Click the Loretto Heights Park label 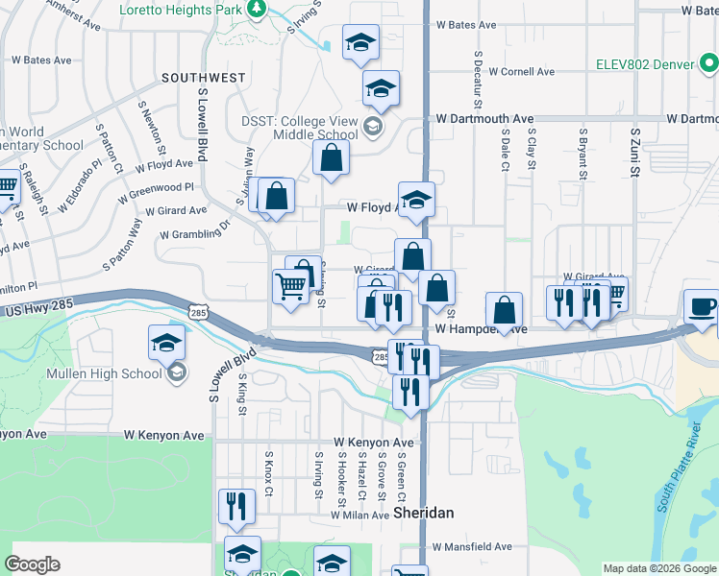[182, 10]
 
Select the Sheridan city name [424, 513]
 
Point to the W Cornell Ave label [521, 71]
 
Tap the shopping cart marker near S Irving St [290, 285]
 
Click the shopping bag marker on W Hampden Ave [504, 309]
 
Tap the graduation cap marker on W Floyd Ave [416, 200]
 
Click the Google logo [32, 564]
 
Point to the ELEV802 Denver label [659, 65]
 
